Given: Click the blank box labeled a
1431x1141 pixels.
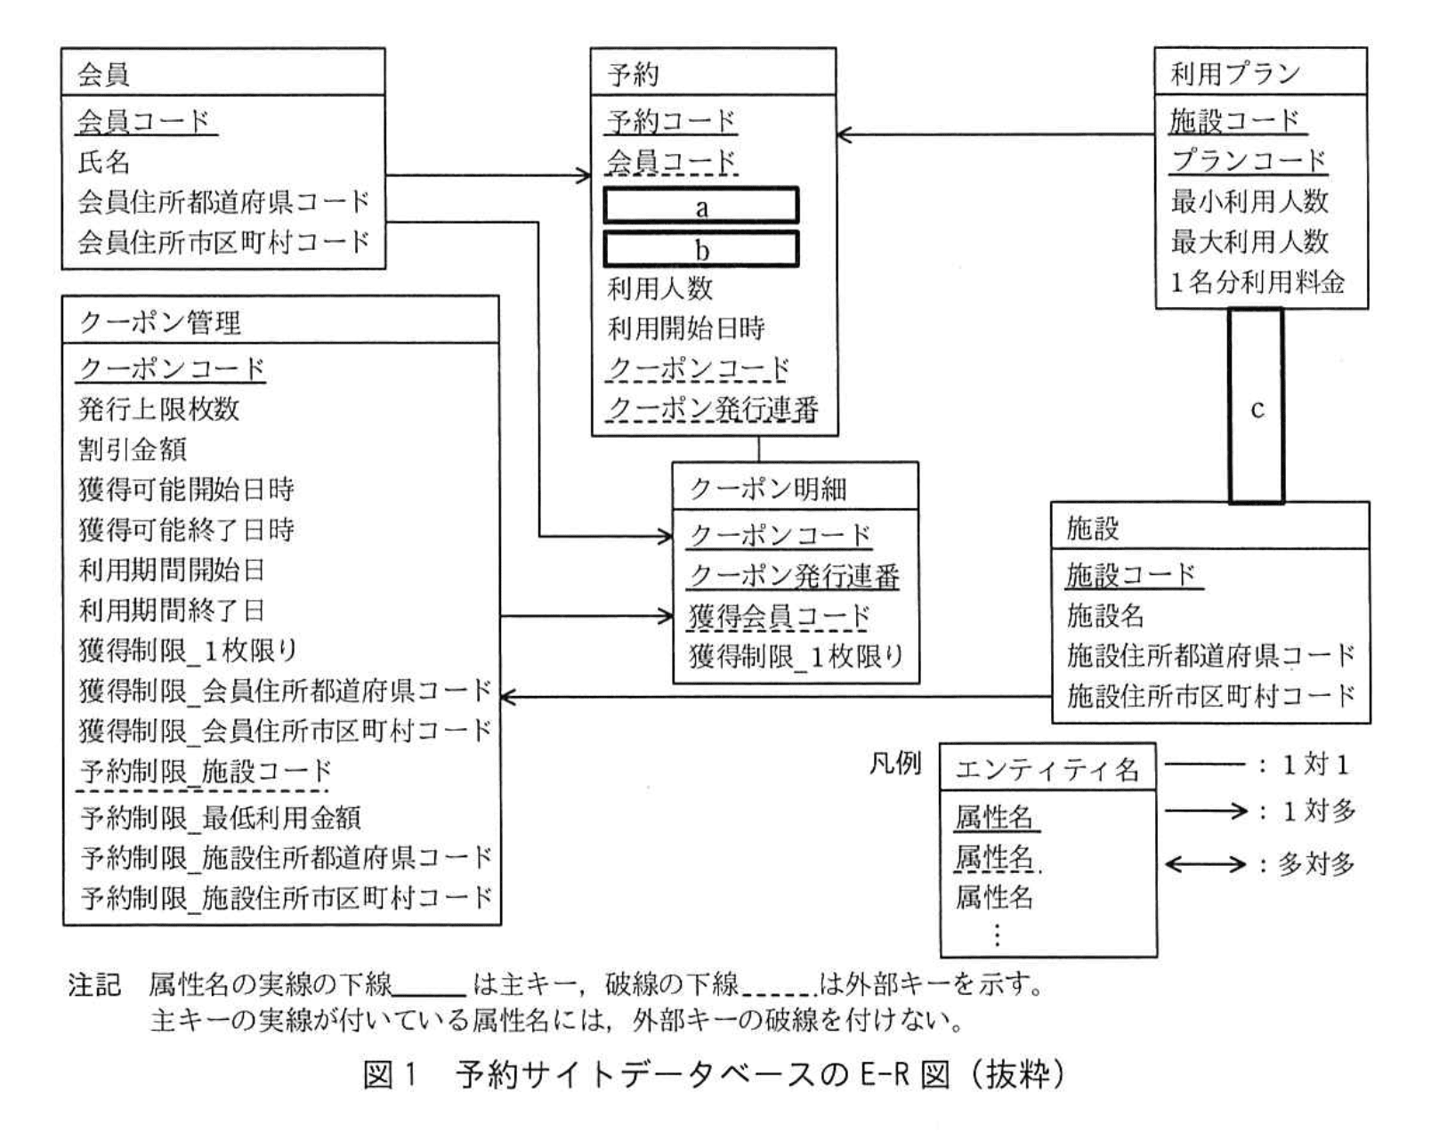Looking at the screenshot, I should click(701, 206).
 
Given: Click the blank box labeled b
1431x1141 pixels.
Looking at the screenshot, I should click(701, 249).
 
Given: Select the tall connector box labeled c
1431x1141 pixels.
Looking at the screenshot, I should click(1256, 407).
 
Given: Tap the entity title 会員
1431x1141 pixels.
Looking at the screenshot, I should click(104, 74).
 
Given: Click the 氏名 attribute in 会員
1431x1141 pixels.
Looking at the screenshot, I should click(104, 161).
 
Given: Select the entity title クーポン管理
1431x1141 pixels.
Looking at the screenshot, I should click(160, 321).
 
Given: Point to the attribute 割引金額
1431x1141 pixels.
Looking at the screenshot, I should click(133, 449).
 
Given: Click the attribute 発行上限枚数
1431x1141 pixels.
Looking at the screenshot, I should click(159, 409).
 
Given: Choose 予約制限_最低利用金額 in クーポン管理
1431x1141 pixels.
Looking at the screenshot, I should click(221, 817).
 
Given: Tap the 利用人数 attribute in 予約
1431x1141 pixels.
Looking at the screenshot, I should click(659, 287).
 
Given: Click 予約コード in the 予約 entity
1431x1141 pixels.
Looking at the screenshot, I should click(672, 120).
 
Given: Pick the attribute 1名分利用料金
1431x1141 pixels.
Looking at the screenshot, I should click(1257, 282).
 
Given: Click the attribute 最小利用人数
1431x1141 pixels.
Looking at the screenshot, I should click(1249, 201).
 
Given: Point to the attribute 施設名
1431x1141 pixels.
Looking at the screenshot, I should click(1104, 615).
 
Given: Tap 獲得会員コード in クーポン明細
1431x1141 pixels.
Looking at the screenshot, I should click(779, 616).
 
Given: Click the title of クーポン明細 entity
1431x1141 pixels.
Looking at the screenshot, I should click(768, 488).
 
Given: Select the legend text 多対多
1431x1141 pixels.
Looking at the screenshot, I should click(1316, 863).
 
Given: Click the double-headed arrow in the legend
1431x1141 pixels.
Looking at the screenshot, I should click(1205, 864).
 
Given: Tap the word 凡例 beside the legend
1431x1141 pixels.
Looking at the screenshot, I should click(894, 764).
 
